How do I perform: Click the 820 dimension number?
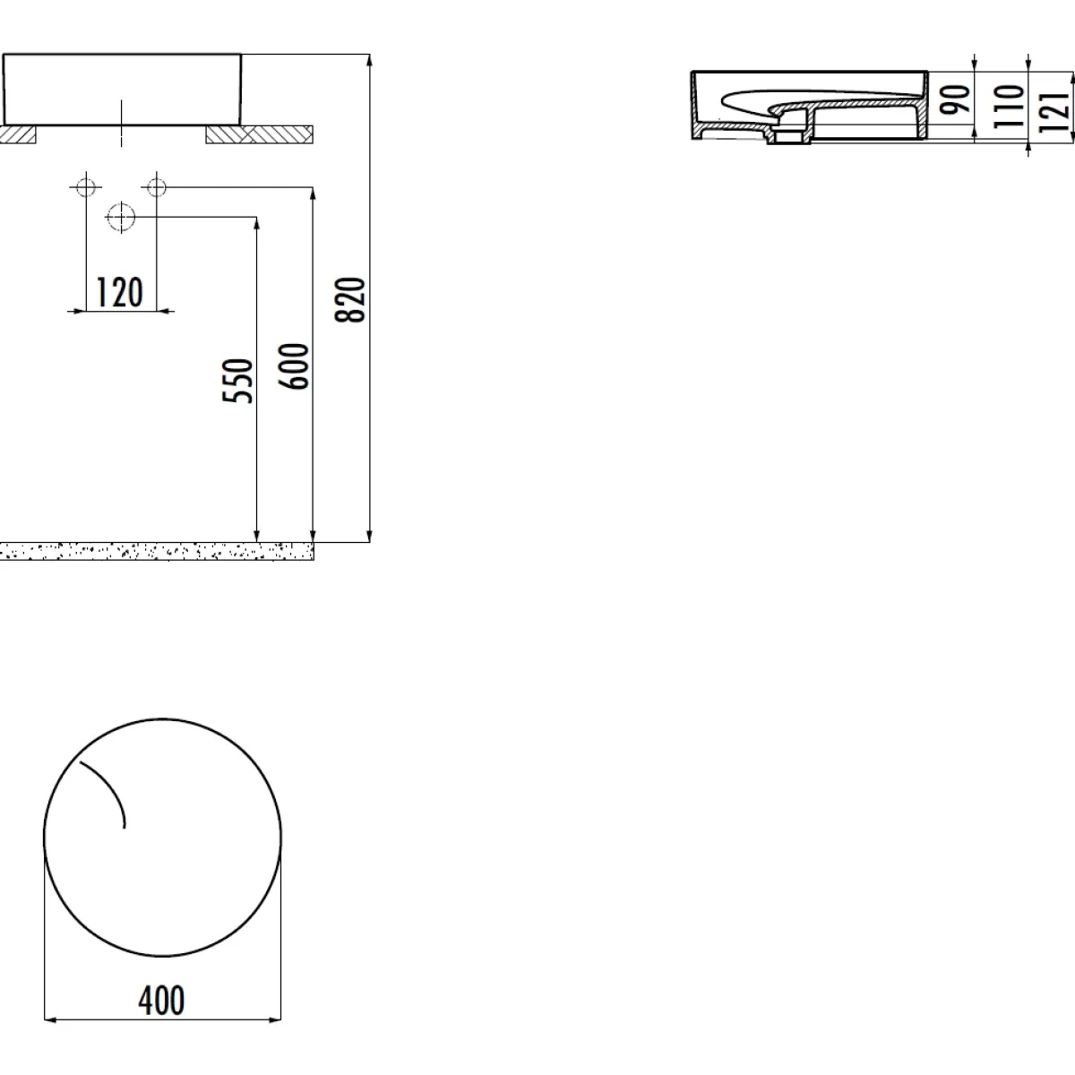[x=349, y=299]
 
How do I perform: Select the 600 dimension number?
[x=294, y=366]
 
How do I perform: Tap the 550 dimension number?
[x=237, y=381]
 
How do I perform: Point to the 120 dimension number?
[x=119, y=292]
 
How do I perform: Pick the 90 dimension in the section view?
[x=954, y=99]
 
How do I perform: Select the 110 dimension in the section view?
[x=1009, y=106]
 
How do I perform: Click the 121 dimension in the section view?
[x=1053, y=112]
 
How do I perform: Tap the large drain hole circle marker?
[x=121, y=217]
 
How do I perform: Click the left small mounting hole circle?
[x=86, y=187]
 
